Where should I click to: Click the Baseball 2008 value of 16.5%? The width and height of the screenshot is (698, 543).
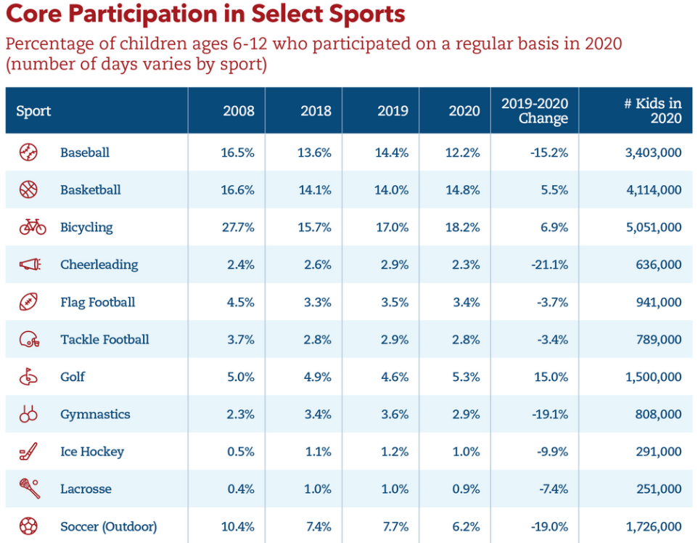point(237,152)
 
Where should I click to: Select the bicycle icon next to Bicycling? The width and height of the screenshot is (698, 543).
point(32,227)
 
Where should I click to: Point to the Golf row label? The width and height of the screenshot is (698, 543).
point(73,377)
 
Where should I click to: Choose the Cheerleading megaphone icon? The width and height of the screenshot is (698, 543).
point(30,264)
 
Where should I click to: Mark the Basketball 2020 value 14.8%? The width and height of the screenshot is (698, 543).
point(464,190)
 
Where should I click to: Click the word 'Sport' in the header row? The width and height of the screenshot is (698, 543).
point(33,111)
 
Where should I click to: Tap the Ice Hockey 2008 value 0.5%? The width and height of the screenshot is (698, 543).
point(240,452)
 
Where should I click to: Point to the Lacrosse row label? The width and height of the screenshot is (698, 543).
point(86,489)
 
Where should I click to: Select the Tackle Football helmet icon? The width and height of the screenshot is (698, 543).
point(29,339)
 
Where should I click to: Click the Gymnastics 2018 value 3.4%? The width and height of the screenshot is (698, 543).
point(317,415)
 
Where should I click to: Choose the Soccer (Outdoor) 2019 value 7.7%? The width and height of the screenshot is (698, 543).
point(394,526)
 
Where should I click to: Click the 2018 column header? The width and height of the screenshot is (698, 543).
point(316,111)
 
